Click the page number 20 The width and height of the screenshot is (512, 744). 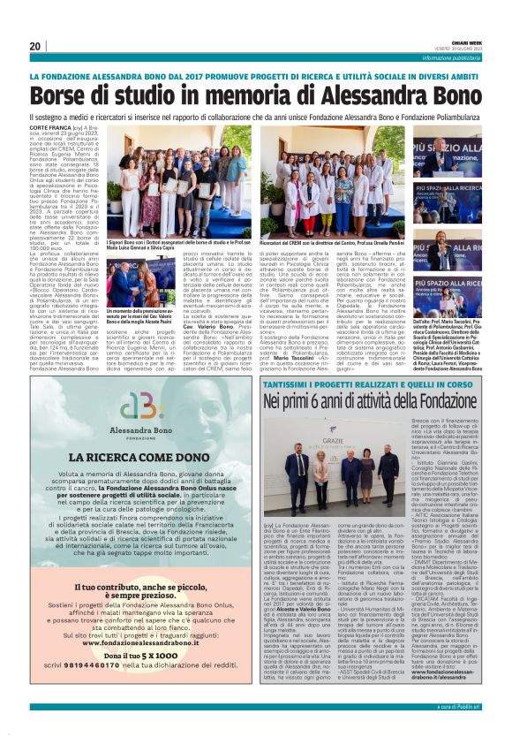pyautogui.click(x=35, y=47)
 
